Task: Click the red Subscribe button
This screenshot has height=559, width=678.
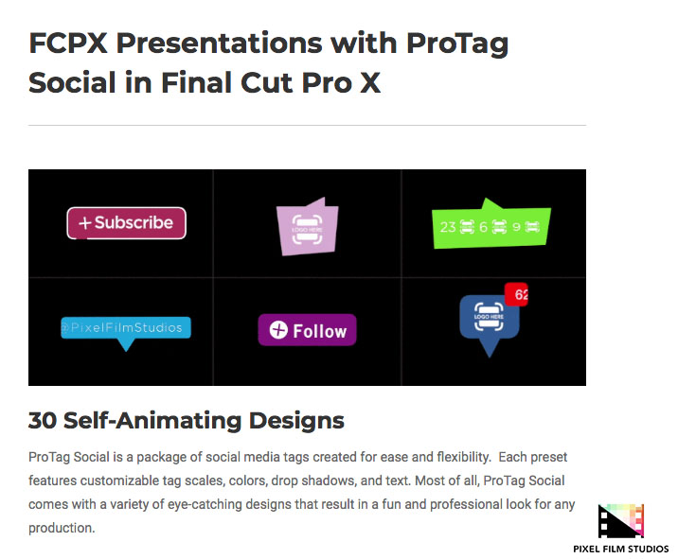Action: point(126,223)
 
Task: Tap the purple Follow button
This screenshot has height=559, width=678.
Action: point(307,330)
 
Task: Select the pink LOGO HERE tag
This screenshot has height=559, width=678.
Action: point(306,228)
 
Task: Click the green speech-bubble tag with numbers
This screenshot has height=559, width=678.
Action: point(491,226)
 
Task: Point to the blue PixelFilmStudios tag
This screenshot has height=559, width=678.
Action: point(126,328)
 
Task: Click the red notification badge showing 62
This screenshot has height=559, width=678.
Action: point(517,294)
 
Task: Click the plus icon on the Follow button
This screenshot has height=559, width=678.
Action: point(278,330)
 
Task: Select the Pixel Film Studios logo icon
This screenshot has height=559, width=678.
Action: point(620,522)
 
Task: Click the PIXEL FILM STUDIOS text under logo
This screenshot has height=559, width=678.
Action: point(621,549)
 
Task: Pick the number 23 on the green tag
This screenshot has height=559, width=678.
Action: point(449,227)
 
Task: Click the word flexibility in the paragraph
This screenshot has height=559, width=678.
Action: point(454,456)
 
